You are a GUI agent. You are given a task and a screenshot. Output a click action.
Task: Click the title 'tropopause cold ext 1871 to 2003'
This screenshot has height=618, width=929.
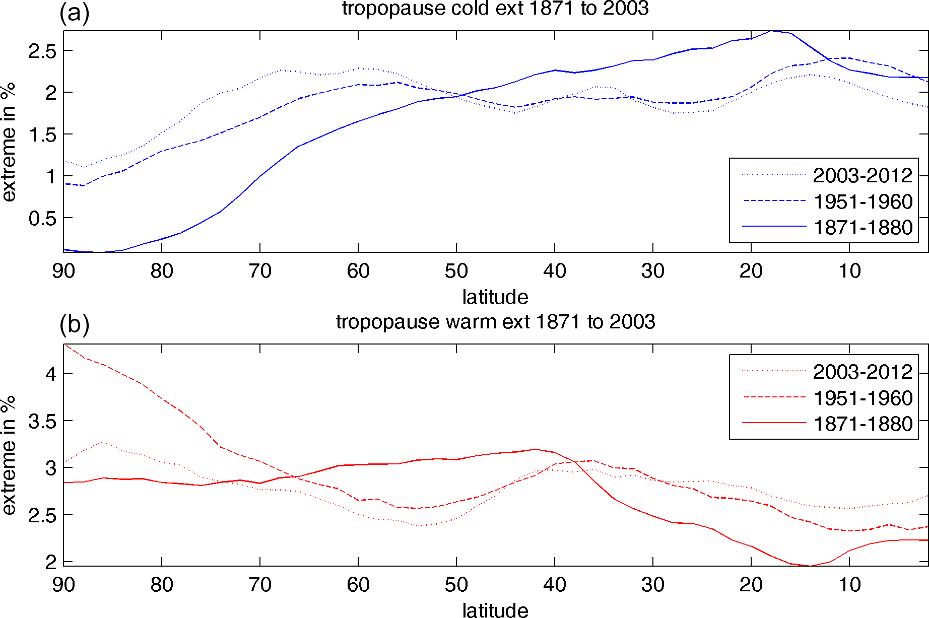495,9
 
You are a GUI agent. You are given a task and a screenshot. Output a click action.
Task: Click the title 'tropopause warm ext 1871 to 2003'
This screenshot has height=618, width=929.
495,322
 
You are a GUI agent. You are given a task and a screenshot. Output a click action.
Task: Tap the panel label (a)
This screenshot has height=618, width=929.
74,13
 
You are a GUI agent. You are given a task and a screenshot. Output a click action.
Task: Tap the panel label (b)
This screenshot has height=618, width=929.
74,325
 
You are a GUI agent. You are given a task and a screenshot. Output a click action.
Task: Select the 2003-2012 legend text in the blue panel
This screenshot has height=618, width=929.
862,175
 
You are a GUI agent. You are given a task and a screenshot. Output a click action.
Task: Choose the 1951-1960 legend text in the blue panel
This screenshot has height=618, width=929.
863,201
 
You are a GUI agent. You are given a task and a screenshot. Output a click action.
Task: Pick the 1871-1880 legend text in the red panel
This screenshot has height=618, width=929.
863,424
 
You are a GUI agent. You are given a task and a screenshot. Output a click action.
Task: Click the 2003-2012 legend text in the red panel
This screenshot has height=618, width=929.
862,372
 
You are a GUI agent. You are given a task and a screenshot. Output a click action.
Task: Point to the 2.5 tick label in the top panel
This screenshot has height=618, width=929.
42,51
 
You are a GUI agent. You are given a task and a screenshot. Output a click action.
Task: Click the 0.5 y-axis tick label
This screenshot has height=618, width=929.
42,219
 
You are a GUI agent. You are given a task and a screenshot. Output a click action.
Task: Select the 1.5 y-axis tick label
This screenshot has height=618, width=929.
42,135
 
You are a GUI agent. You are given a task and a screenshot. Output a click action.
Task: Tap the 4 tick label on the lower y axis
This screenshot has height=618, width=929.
51,374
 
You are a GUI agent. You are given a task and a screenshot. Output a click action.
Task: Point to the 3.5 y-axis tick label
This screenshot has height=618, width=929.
42,421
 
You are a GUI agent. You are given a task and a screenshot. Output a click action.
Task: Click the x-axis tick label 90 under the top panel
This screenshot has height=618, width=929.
63,271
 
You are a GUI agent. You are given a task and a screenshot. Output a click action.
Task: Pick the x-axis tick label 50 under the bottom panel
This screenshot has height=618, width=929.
456,585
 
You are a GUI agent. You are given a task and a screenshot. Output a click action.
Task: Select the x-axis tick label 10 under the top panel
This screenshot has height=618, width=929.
849,271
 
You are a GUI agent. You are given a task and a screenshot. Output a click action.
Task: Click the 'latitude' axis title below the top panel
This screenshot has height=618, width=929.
495,297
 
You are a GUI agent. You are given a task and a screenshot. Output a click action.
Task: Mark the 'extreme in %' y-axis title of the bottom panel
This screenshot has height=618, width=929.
9,455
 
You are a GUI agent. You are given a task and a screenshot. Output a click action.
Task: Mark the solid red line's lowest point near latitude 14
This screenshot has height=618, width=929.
810,566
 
